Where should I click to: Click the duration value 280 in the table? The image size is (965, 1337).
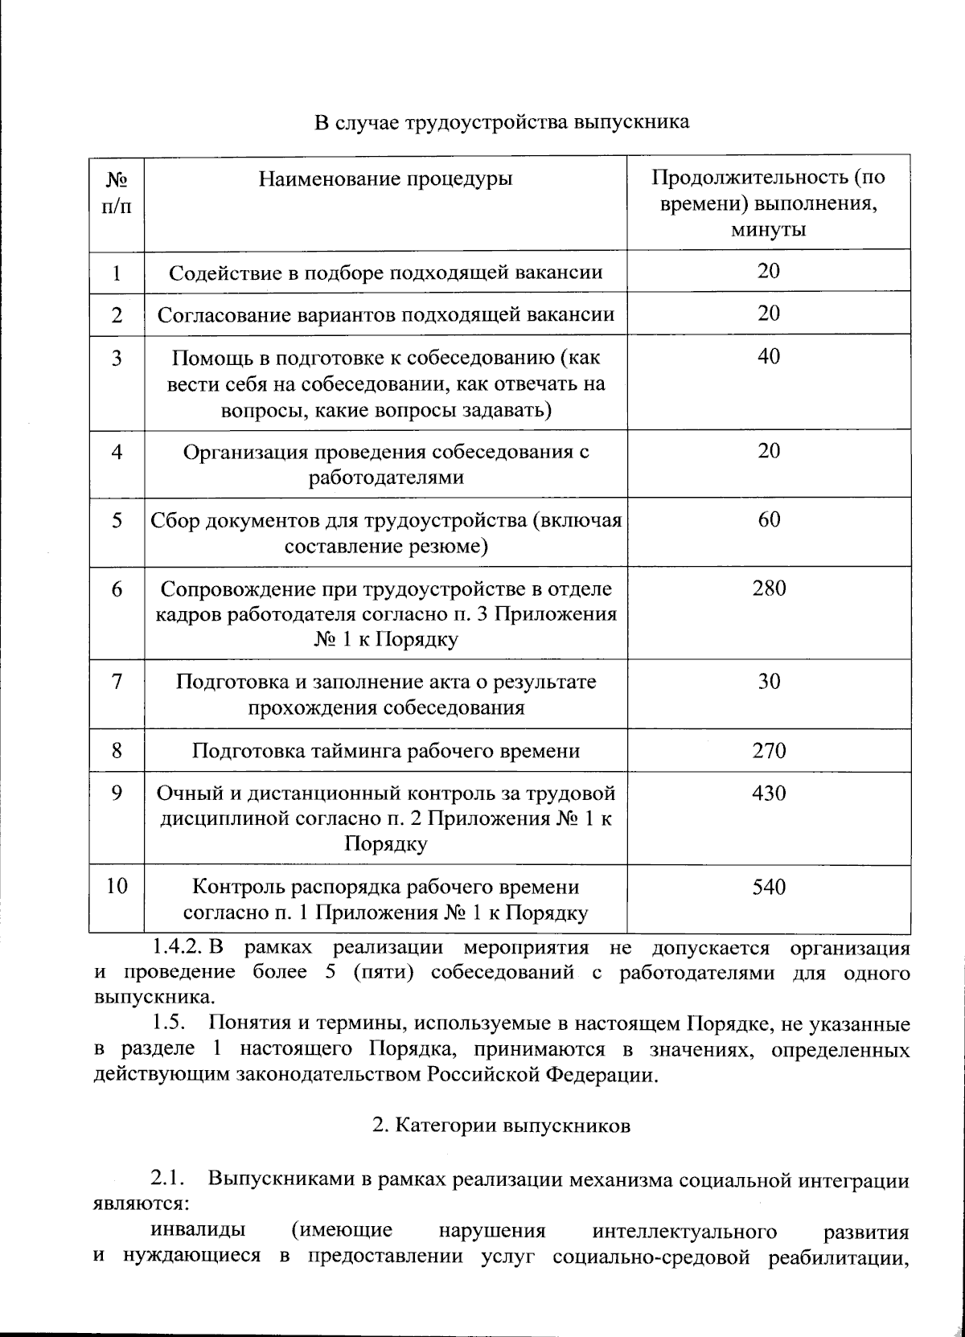(769, 589)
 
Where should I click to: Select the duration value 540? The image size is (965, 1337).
(769, 888)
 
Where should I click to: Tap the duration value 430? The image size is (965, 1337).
(769, 794)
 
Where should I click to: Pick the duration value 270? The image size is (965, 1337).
(769, 752)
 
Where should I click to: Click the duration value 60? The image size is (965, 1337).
(769, 520)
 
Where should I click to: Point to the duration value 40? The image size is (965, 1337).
(769, 356)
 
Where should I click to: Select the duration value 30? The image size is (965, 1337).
(769, 682)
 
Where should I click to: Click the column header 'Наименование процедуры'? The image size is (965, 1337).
(385, 178)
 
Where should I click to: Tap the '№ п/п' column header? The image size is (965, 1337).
(117, 191)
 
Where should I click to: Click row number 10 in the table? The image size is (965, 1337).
(117, 888)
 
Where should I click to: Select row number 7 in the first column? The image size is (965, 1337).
(117, 682)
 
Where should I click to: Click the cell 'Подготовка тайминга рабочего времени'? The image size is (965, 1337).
(386, 752)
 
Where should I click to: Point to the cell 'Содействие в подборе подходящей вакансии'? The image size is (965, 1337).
(386, 273)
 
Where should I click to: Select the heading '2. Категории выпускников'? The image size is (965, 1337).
(501, 1126)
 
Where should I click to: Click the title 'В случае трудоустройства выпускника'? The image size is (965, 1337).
(501, 123)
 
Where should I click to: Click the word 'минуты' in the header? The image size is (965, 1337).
(769, 230)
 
